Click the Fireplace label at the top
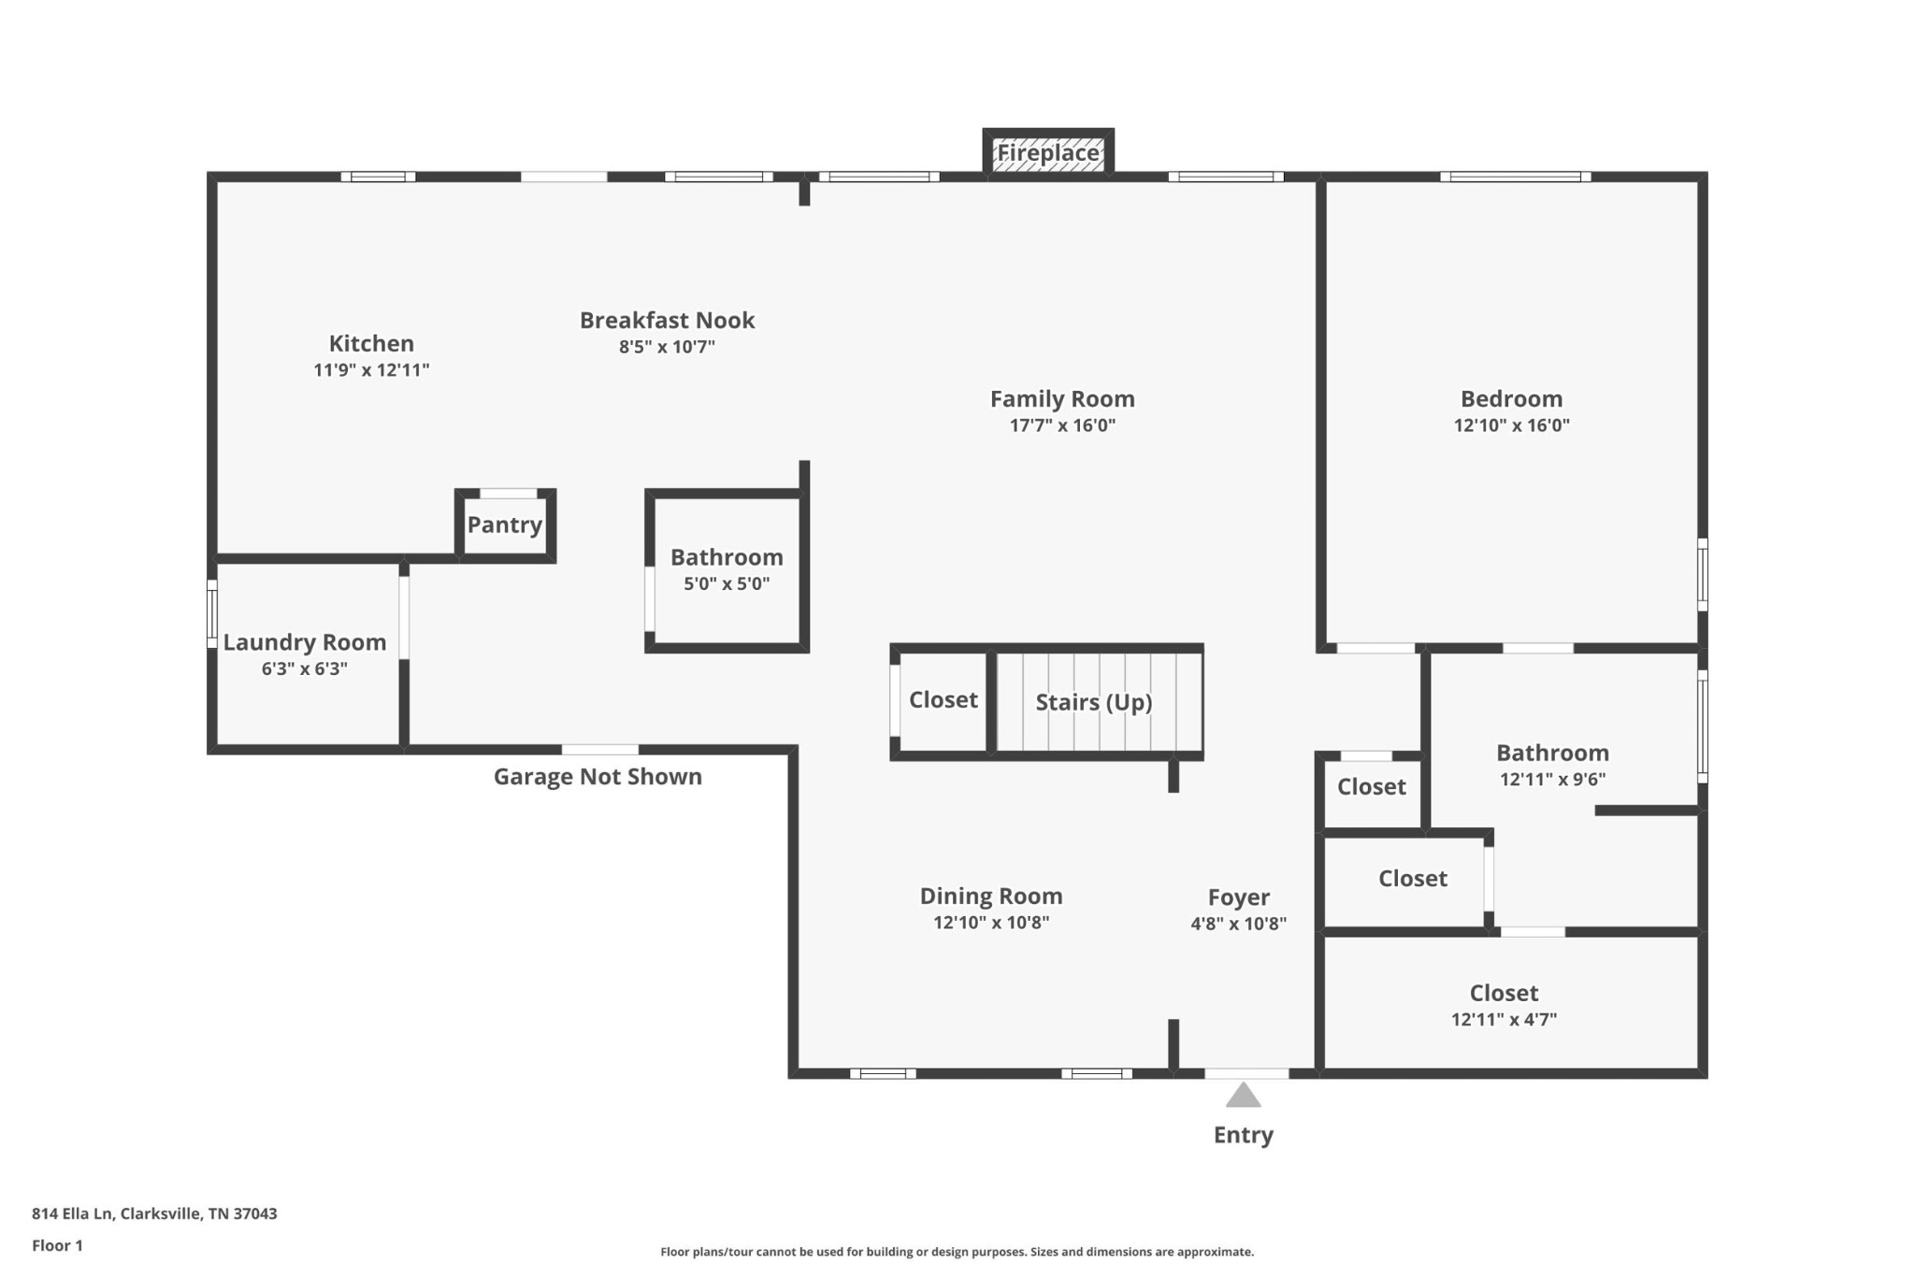coord(1048,152)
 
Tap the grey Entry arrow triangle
coord(1243,1095)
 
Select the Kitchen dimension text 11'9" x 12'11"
coord(371,370)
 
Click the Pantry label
coord(505,524)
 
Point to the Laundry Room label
coord(305,642)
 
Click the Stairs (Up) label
coord(1094,702)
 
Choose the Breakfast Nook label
coord(668,320)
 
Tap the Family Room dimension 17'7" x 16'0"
coord(1063,425)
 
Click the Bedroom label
coord(1512,398)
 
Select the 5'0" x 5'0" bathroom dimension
coord(727,584)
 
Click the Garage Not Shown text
coord(598,776)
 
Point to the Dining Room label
coord(991,896)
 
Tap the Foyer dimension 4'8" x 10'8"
coord(1239,924)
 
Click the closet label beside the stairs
coord(943,699)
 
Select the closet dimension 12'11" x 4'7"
coord(1505,1020)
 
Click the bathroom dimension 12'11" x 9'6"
coord(1553,780)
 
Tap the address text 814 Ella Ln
coord(72,1213)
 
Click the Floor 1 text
coord(57,1245)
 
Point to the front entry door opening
coord(1246,1073)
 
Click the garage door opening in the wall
coord(600,750)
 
